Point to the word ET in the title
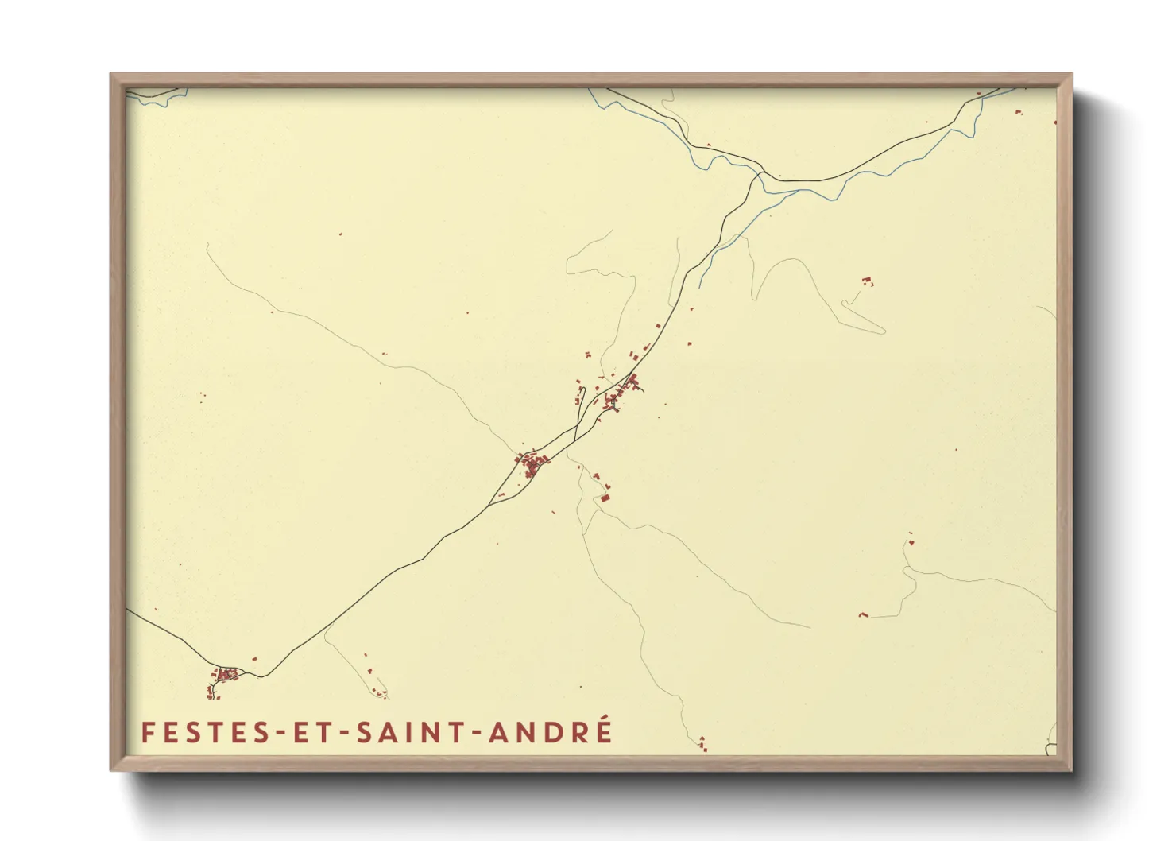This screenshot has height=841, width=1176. click(309, 733)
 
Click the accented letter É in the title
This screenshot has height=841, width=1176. click(603, 731)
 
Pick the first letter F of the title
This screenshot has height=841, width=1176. click(147, 733)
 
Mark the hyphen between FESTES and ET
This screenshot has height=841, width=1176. click(277, 734)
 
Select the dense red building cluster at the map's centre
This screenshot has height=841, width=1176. click(532, 463)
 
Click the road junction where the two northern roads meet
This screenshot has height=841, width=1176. click(760, 173)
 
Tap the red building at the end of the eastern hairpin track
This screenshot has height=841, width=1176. click(867, 281)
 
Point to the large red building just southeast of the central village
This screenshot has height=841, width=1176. click(604, 498)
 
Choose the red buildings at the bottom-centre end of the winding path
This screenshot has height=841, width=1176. click(702, 744)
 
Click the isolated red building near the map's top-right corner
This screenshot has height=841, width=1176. click(1019, 113)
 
